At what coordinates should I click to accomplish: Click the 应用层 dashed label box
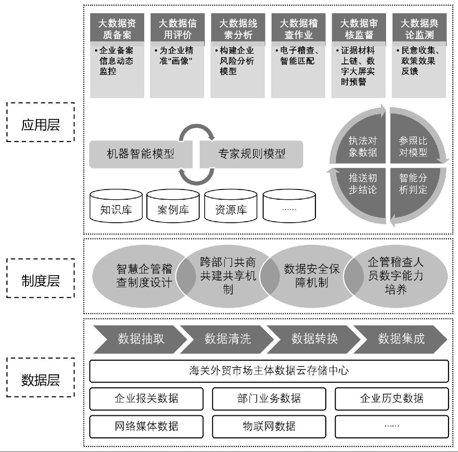(x=40, y=122)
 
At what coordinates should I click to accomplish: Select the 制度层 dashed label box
(x=40, y=278)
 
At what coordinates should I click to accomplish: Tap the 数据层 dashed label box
(x=40, y=377)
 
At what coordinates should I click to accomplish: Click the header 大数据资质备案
(x=117, y=29)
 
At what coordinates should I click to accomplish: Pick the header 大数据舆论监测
(x=419, y=29)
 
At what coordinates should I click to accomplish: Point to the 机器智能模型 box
(x=140, y=154)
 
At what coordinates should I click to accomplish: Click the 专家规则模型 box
(x=252, y=154)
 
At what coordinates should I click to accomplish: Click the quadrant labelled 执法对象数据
(x=362, y=146)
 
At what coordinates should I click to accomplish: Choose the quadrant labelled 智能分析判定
(x=413, y=184)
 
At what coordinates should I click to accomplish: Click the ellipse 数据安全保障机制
(x=312, y=276)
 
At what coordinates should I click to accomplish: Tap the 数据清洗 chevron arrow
(x=228, y=339)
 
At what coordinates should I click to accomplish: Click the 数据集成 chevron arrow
(x=401, y=339)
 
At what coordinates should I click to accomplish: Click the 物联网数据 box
(x=269, y=426)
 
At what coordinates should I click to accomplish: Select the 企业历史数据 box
(x=391, y=398)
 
